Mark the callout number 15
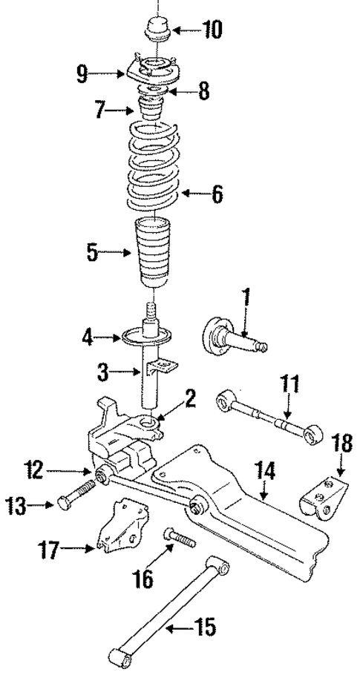(x=206, y=629)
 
